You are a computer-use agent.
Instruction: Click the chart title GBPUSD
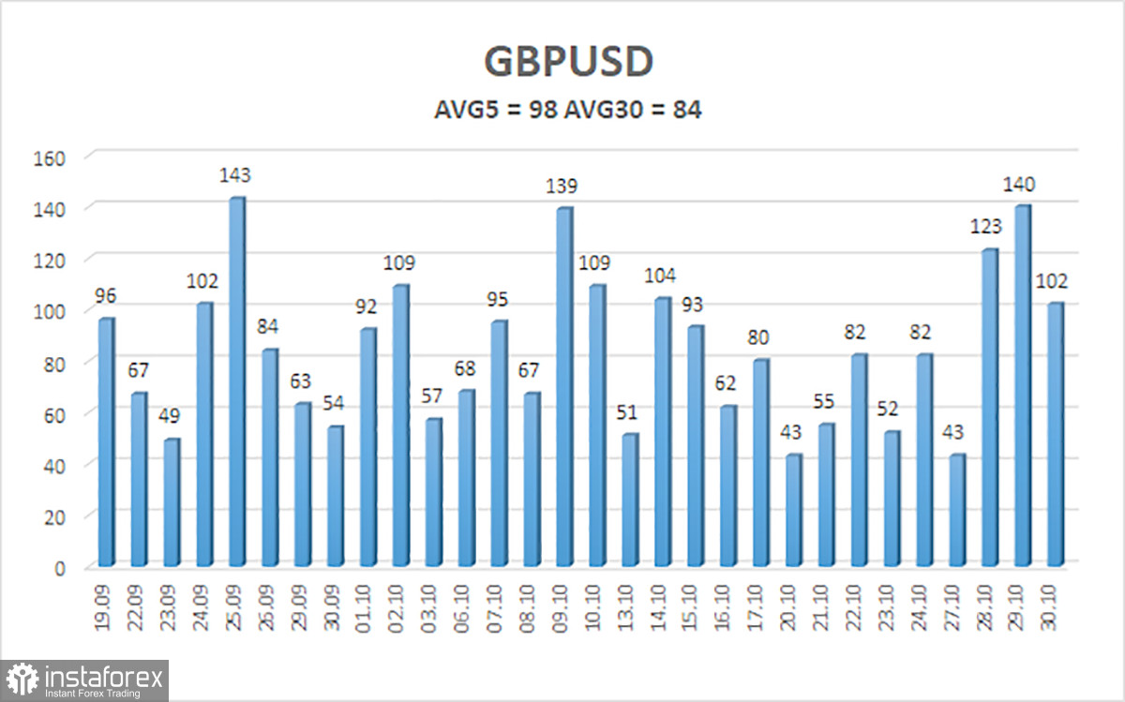568,62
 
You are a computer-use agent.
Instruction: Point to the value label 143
235,175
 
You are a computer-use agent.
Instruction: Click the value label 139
562,186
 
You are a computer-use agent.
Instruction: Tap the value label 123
987,226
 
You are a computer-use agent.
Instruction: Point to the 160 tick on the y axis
49,157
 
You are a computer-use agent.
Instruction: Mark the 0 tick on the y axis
59,568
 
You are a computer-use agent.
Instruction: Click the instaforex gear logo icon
22,679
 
